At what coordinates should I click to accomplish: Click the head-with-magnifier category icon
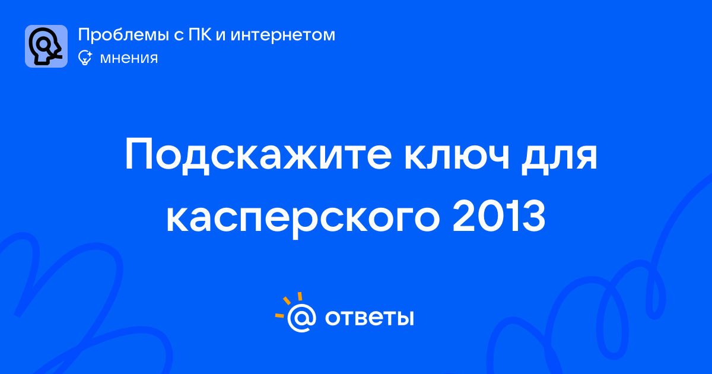pos(46,46)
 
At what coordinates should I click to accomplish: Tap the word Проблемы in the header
pos(123,35)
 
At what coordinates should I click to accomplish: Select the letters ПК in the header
pos(200,34)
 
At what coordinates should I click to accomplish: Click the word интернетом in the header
pos(283,35)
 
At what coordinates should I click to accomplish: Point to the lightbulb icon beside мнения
pos(85,58)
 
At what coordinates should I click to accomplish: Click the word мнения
pos(129,59)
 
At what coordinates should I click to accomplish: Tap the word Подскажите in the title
pos(258,154)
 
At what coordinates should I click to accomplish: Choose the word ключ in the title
pos(457,157)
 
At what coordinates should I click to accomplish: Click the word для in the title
pos(559,157)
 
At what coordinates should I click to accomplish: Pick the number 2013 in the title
pos(499,215)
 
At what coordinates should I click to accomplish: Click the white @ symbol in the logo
pos(301,318)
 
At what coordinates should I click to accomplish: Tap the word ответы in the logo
pos(369,318)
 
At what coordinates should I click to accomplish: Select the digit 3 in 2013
pos(533,215)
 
